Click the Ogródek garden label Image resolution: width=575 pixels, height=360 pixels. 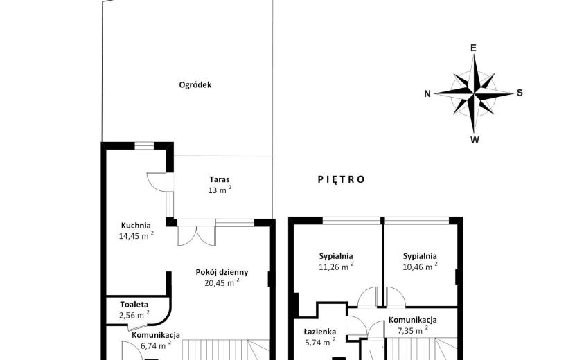coord(195,85)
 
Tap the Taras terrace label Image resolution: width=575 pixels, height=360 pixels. coord(220,179)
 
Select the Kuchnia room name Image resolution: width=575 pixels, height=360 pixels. coord(136,226)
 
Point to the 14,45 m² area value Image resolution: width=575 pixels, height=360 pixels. coord(136,235)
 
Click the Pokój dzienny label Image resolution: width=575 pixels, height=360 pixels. coord(222,272)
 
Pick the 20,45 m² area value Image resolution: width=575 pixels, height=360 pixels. coord(222,282)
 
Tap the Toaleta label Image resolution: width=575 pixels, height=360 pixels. coord(134,305)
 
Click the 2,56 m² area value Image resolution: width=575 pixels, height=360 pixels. coord(134,315)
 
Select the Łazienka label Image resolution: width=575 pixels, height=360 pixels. coord(320,332)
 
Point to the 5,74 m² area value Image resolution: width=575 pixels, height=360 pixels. coord(320,342)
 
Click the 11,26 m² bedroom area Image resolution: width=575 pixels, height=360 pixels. coord(336,267)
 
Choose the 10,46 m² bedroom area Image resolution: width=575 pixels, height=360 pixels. coord(420,267)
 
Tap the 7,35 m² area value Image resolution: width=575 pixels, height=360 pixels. coord(413,330)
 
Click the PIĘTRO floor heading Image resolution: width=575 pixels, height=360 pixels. coord(341,179)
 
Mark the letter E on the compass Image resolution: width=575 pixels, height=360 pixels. coord(473,48)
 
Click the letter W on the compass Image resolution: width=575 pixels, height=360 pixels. coord(475,140)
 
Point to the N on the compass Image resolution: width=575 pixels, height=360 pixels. coord(427,94)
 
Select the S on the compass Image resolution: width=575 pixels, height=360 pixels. coord(520,93)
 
